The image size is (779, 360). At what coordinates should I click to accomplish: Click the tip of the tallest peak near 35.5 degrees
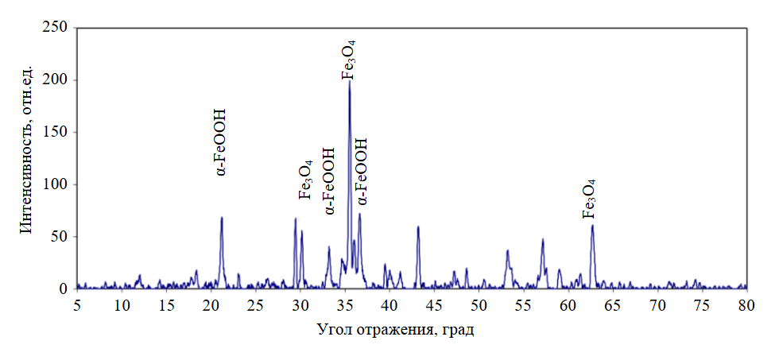(349, 82)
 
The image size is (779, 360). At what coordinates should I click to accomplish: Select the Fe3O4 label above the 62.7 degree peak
(590, 198)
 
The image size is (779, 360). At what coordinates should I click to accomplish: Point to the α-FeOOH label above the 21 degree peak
(221, 142)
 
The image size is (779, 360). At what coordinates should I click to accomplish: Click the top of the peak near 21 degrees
(222, 217)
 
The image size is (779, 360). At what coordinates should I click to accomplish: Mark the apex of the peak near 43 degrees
(418, 226)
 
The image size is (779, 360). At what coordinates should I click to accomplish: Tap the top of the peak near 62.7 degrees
(592, 225)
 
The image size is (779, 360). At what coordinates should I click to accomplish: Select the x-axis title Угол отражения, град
(395, 329)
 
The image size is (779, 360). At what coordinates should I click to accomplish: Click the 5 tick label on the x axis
(77, 305)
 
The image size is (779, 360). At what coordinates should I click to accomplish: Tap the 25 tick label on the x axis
(256, 305)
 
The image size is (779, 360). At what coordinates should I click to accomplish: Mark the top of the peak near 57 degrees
(542, 239)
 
